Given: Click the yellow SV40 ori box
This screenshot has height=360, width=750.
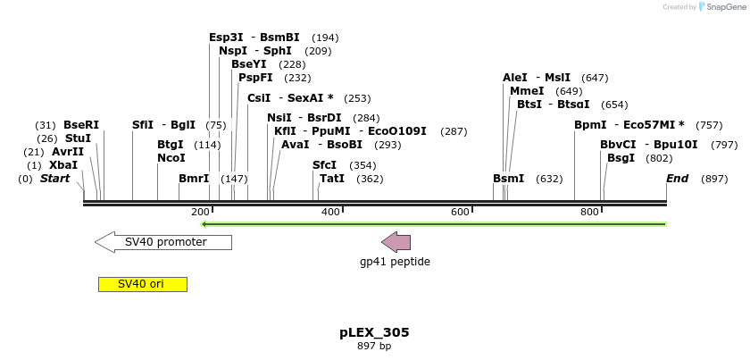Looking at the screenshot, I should point(142,284).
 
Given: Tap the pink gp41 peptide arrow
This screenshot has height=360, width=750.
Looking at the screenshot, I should point(396,241).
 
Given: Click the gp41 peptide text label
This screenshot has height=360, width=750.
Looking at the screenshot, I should point(395,262).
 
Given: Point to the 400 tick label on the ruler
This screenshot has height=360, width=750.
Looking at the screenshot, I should point(330,212).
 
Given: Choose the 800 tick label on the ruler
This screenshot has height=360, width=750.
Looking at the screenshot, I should point(589,212).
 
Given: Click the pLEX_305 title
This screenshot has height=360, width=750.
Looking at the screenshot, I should point(374,332).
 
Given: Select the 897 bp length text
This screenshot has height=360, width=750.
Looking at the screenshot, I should point(374,346).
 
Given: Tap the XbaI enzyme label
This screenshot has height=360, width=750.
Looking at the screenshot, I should point(63,165).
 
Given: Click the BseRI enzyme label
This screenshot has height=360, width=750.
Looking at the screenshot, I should point(81,125).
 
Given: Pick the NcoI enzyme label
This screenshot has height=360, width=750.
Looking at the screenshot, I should point(171,158).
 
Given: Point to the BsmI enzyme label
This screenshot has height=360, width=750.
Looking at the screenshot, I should point(509,179).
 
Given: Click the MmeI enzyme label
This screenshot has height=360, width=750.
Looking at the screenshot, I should point(527,91).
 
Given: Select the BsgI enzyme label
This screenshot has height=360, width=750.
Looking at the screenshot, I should point(621,158).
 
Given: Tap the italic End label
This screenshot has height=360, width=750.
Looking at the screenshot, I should point(677,179).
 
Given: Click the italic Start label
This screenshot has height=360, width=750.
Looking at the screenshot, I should point(54,179).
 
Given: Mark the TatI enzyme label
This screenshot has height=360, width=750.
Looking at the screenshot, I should point(332,179).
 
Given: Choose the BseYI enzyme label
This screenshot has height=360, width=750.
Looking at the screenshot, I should point(248,64).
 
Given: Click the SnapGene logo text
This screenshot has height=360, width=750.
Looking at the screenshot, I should point(724,7).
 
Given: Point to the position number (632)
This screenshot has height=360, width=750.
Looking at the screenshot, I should point(549,179).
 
